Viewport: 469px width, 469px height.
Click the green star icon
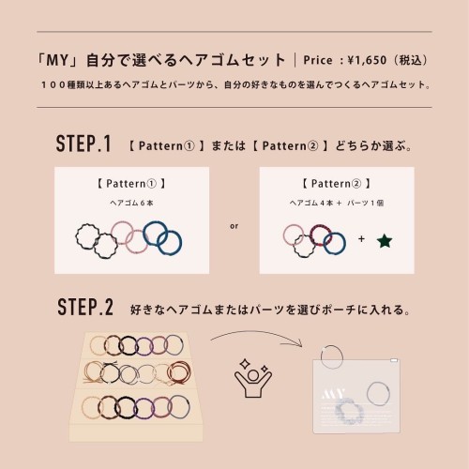pyautogui.click(x=385, y=241)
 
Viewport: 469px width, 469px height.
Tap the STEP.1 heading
pyautogui.click(x=83, y=144)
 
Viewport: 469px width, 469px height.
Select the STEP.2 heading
pyautogui.click(x=85, y=307)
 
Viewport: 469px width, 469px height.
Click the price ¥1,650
pyautogui.click(x=367, y=60)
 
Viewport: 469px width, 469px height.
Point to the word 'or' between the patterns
pyautogui.click(x=234, y=226)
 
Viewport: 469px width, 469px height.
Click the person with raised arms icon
pyautogui.click(x=253, y=378)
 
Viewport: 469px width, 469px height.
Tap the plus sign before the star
pyautogui.click(x=361, y=239)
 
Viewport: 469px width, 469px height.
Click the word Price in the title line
pyautogui.click(x=318, y=60)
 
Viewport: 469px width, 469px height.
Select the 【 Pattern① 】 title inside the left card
pyautogui.click(x=131, y=184)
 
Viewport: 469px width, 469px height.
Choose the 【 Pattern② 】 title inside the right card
pyautogui.click(x=337, y=184)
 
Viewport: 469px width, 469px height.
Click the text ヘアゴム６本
pyautogui.click(x=131, y=203)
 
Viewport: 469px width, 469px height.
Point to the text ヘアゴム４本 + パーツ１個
pyautogui.click(x=337, y=203)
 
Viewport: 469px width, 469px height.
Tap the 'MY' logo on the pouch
pyautogui.click(x=333, y=395)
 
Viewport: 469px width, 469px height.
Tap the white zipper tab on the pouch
pyautogui.click(x=394, y=360)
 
